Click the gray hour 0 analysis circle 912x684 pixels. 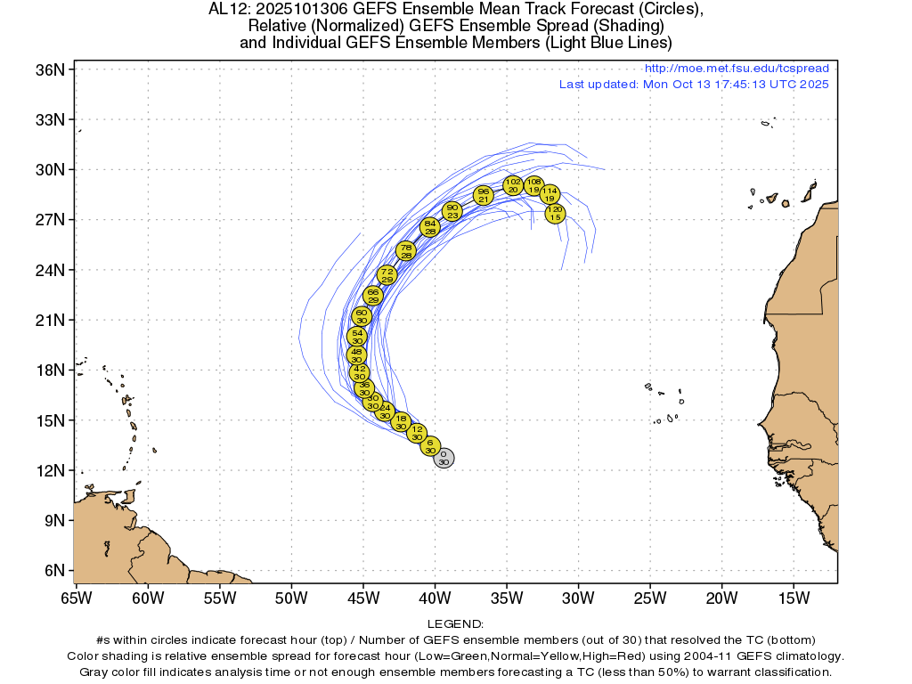444,458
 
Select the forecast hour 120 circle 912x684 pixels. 555,213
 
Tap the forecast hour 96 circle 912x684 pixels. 484,195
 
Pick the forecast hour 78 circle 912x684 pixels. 406,251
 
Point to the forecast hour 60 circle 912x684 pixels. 362,316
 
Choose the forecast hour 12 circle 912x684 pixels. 417,433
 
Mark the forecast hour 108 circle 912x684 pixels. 533,185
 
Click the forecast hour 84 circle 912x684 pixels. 430,227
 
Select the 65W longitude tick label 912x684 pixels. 76,597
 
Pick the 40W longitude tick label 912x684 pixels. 435,597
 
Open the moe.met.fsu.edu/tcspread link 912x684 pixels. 736,69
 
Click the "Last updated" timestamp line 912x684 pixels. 694,85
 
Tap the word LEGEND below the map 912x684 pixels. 455,624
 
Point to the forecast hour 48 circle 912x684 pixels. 357,355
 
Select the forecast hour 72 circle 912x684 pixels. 387,275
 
